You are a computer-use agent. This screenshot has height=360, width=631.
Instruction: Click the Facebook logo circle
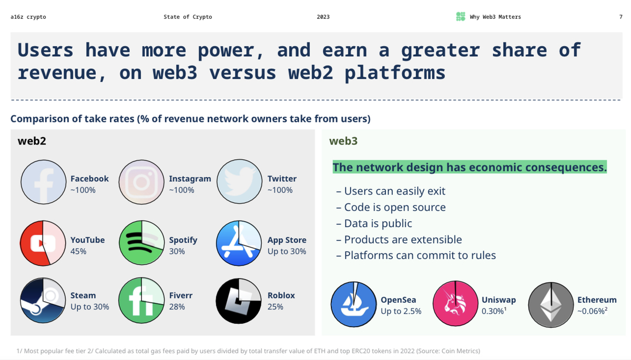(44, 182)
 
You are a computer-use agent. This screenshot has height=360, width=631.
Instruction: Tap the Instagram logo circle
(141, 182)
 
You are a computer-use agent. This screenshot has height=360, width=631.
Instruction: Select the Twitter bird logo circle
(239, 182)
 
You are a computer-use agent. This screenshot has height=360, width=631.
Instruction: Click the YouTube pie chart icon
(43, 243)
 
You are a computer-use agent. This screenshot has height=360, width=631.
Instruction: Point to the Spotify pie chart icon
(141, 243)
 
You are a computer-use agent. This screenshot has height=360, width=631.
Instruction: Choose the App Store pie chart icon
(239, 243)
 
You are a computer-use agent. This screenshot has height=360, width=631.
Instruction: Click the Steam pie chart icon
(43, 301)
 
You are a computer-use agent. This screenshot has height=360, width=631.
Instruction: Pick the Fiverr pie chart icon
(141, 301)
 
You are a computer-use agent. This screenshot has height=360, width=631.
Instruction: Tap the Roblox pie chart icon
(239, 301)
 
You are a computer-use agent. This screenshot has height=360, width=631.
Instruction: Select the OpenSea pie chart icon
(354, 304)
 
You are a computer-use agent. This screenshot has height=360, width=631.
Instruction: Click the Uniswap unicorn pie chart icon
(455, 304)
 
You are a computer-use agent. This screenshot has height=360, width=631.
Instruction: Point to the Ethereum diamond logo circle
(551, 305)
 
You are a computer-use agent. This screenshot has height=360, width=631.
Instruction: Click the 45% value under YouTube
(78, 251)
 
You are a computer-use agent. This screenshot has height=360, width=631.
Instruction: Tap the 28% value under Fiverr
(177, 306)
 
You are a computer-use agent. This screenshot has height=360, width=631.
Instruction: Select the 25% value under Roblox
(275, 306)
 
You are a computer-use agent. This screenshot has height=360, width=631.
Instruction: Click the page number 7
(620, 17)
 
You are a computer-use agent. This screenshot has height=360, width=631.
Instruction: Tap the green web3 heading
(343, 141)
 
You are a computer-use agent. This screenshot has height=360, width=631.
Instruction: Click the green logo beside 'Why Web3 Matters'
(461, 17)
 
